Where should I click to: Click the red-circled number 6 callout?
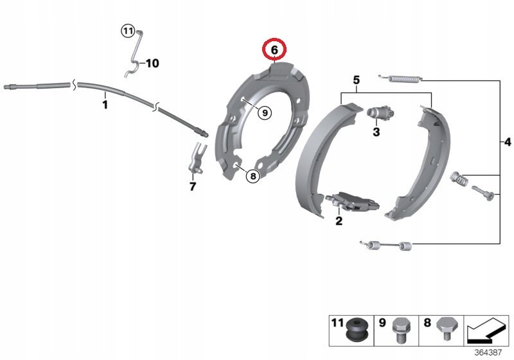(x=274, y=50)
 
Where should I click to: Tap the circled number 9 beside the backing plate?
(x=265, y=113)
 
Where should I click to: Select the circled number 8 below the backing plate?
(x=253, y=176)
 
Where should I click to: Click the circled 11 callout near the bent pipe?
(x=127, y=31)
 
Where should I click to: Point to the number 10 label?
(x=152, y=63)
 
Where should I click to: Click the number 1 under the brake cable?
(x=105, y=105)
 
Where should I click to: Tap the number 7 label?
(x=192, y=186)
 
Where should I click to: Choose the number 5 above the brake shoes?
(x=357, y=80)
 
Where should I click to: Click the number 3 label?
(x=377, y=132)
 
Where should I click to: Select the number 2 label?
(x=339, y=221)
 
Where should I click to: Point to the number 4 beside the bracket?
(x=507, y=142)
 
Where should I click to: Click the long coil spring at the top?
(x=400, y=78)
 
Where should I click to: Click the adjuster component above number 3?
(x=380, y=113)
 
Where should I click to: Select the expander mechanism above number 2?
(x=352, y=201)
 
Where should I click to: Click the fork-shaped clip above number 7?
(x=197, y=159)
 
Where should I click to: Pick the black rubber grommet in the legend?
(x=357, y=330)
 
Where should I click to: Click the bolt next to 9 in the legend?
(x=399, y=330)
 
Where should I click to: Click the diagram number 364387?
(x=488, y=352)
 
